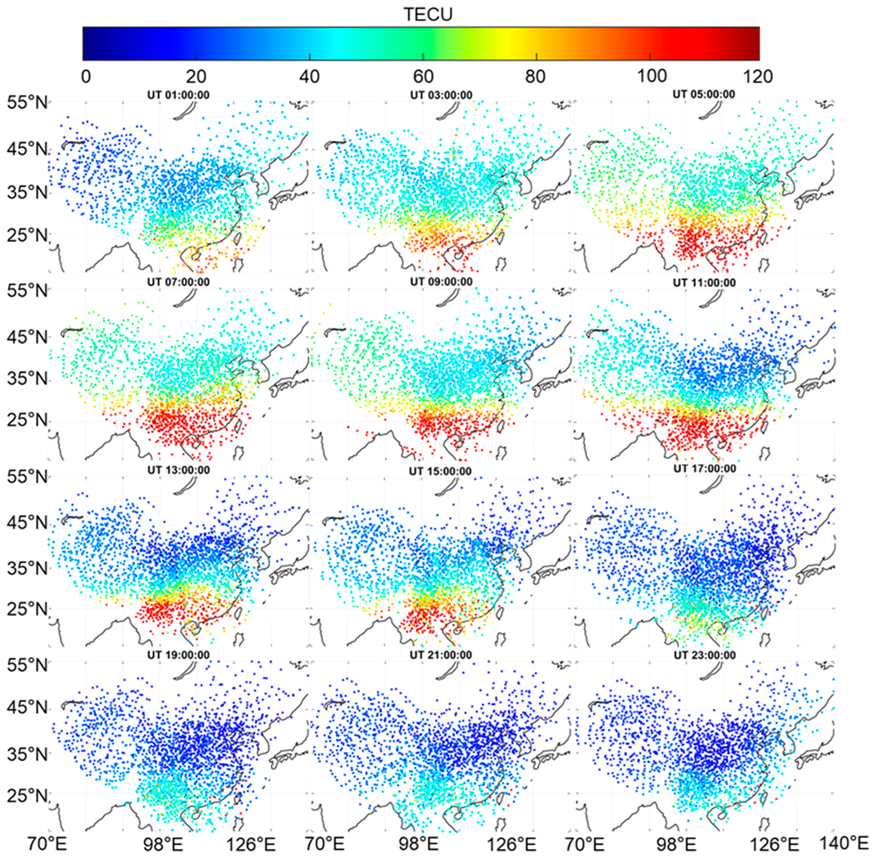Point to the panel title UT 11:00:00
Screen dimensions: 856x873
tap(704, 283)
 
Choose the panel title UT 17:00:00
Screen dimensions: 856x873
tap(705, 469)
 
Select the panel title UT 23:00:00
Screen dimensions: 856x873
tap(705, 655)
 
